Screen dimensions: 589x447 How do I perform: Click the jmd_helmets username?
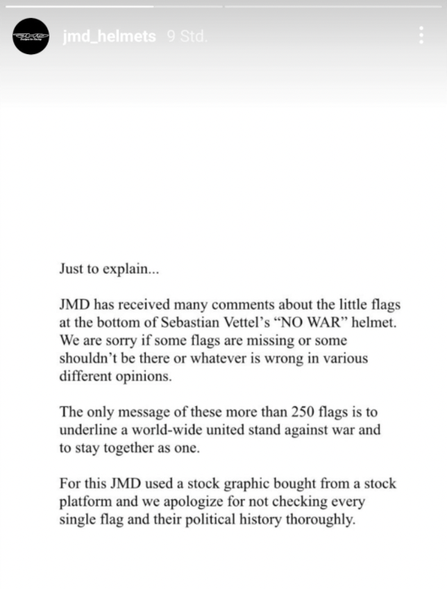pos(110,37)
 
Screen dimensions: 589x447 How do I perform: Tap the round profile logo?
pos(31,36)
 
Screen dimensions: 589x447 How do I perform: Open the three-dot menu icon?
pos(421,35)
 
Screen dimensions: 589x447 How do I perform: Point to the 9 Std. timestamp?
pos(187,37)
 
